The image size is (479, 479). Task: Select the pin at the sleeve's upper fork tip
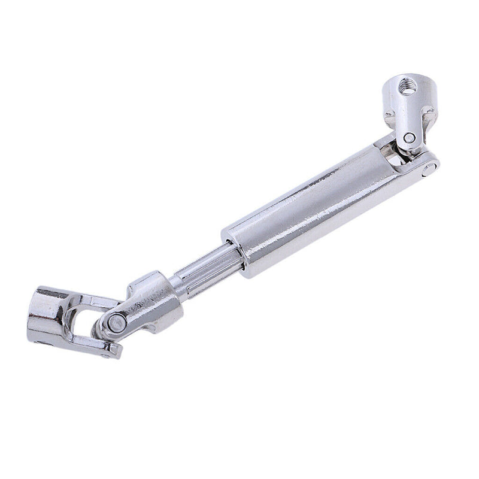pyautogui.click(x=429, y=171)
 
